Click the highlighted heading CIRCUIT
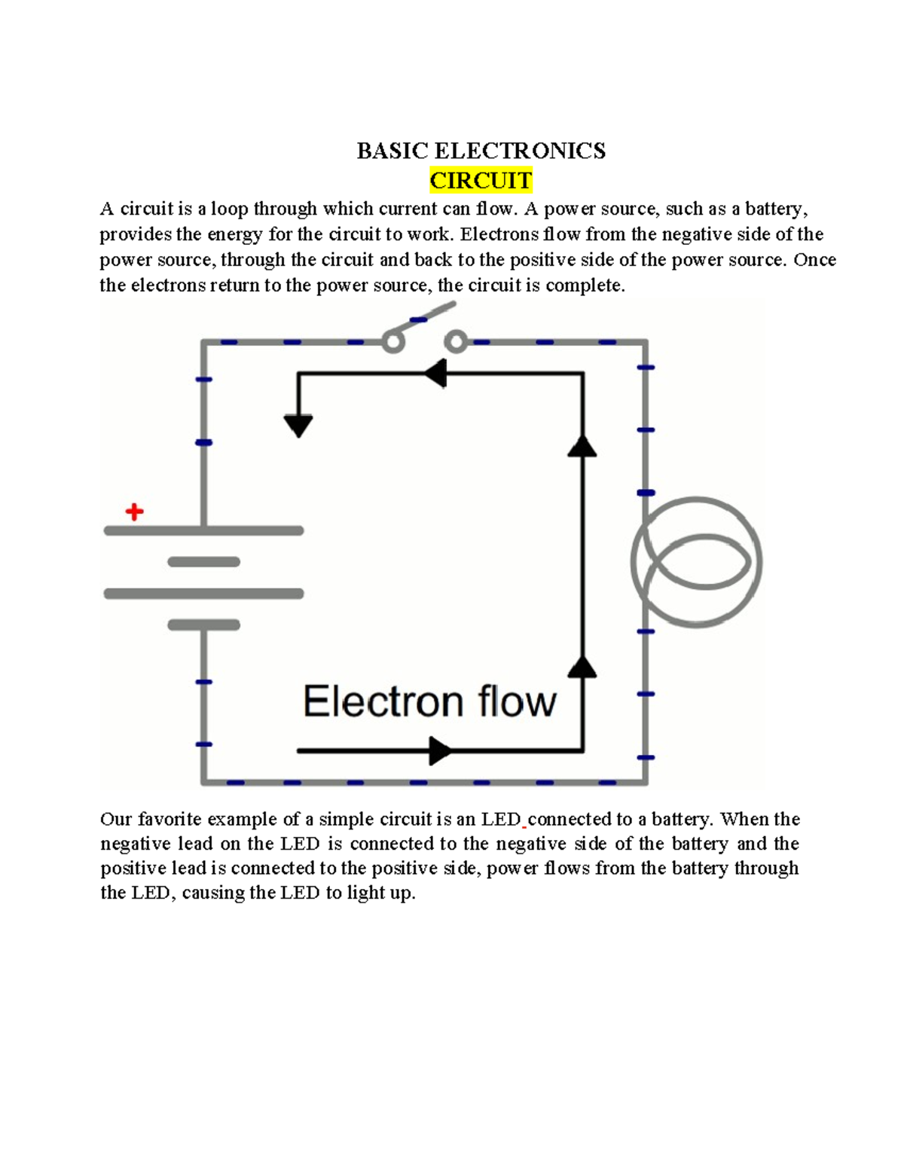481,181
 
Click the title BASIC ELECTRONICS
481,151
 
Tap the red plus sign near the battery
134,512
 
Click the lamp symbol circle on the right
697,562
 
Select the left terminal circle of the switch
392,343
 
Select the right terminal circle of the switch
455,343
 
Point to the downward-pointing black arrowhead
298,426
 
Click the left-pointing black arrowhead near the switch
435,373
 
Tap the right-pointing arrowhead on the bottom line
440,750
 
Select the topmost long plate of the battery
203,531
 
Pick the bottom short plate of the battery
203,625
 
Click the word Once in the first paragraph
814,260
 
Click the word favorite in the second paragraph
169,819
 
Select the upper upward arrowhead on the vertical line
582,446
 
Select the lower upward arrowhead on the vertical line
582,667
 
